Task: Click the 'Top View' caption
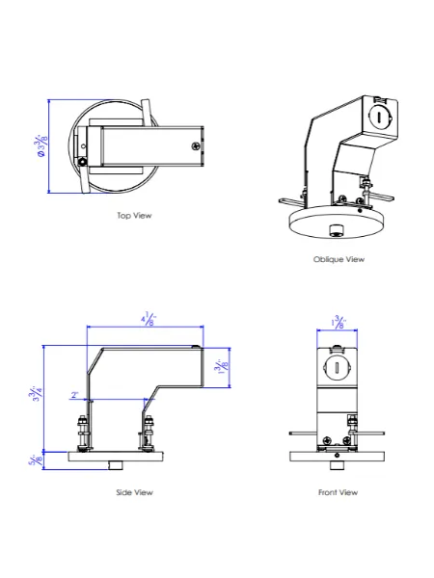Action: tap(134, 216)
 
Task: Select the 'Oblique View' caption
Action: tap(339, 259)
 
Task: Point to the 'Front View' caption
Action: tap(338, 492)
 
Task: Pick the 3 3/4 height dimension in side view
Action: tap(37, 396)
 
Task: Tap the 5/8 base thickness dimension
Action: tap(37, 460)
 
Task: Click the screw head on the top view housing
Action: tap(196, 146)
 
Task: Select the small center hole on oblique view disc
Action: tap(335, 229)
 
